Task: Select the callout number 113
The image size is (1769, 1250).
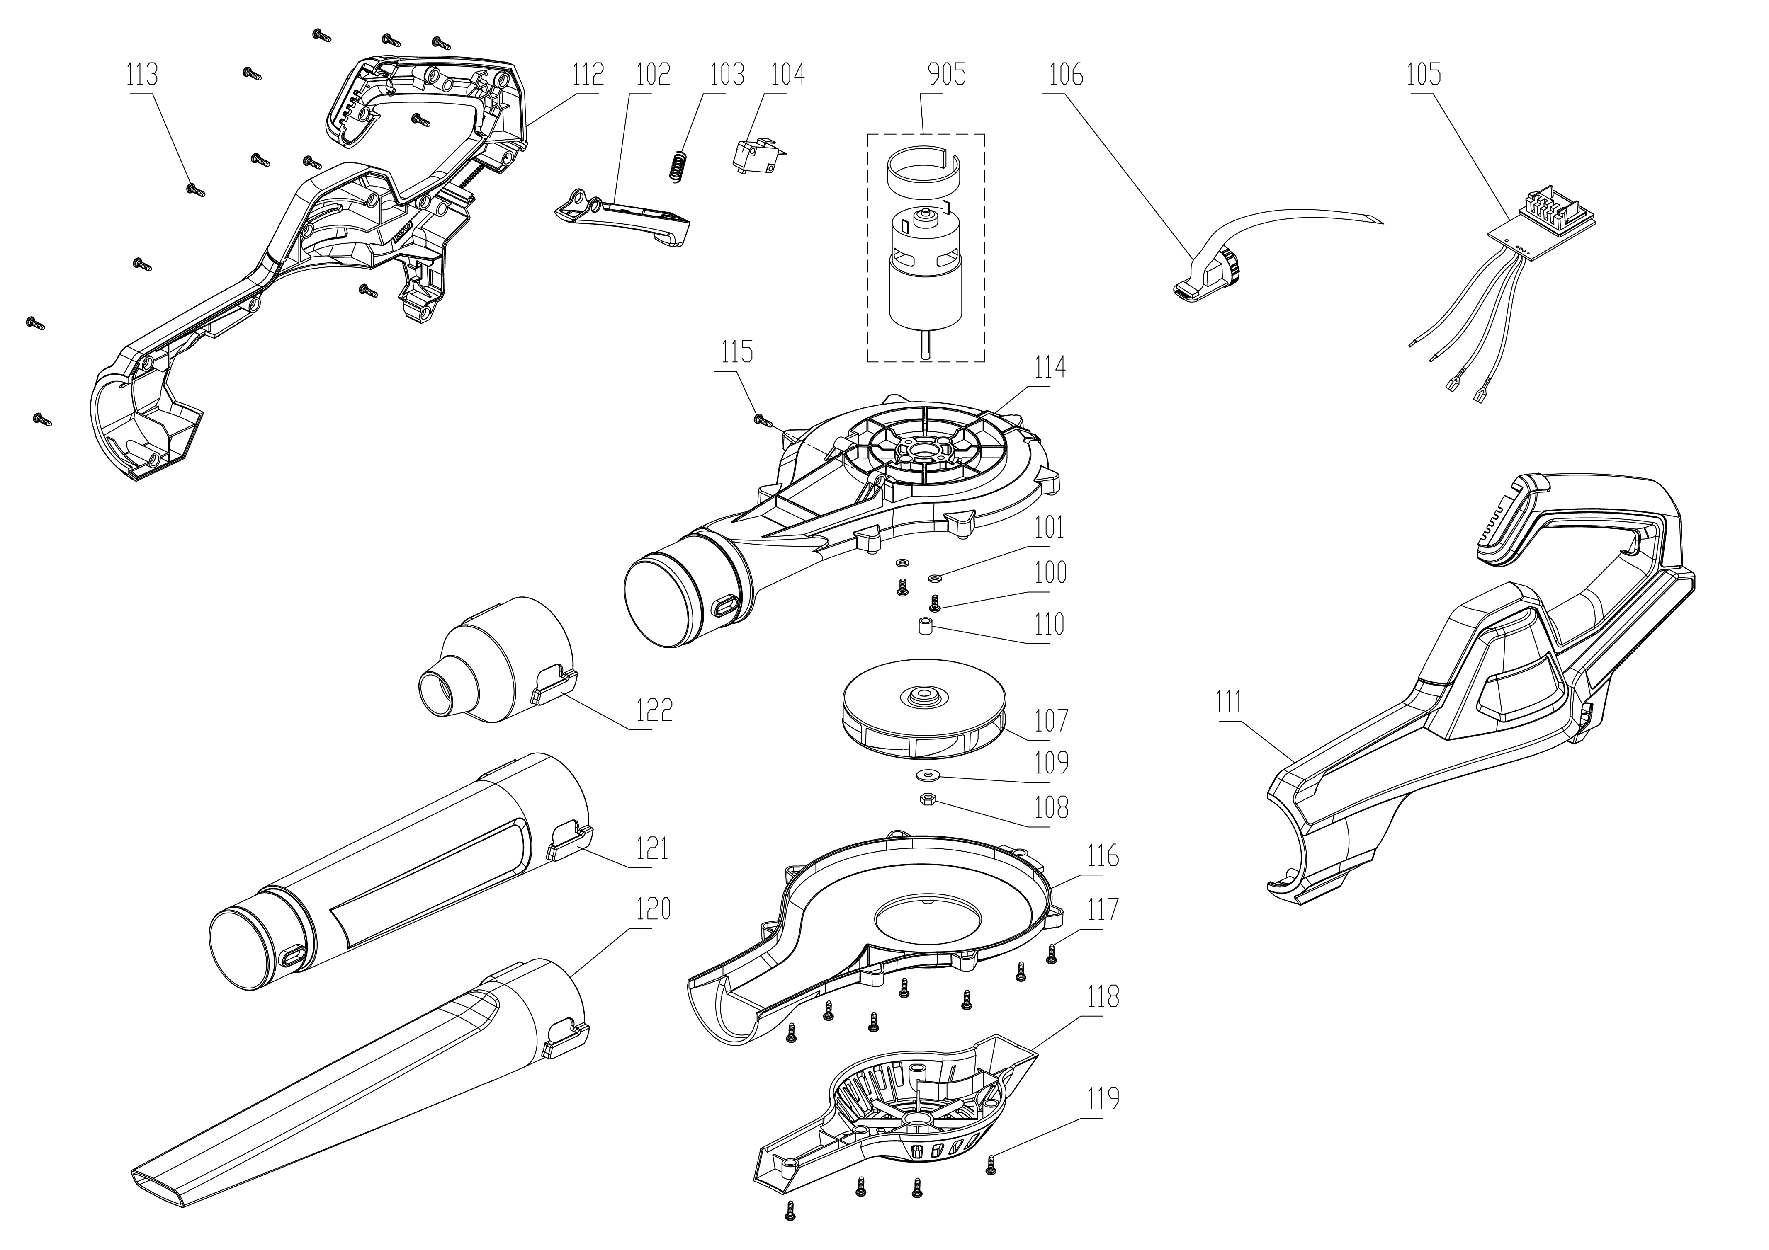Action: [143, 75]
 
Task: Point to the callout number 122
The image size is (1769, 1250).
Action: [654, 709]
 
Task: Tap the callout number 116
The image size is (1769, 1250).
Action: [1103, 856]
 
